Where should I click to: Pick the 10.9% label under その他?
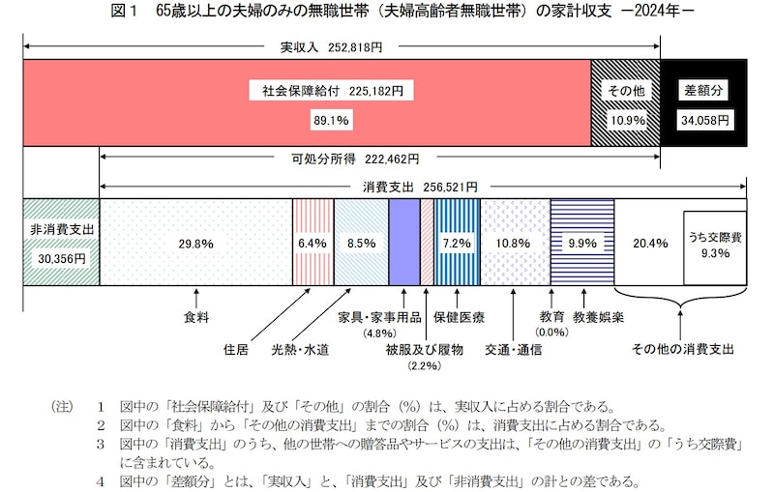(625, 121)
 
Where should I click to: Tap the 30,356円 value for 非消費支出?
(60, 258)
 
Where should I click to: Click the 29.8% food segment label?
(195, 244)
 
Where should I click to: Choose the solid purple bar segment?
(403, 244)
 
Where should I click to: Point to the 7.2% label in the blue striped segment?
(455, 244)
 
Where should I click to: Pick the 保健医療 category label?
(459, 316)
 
